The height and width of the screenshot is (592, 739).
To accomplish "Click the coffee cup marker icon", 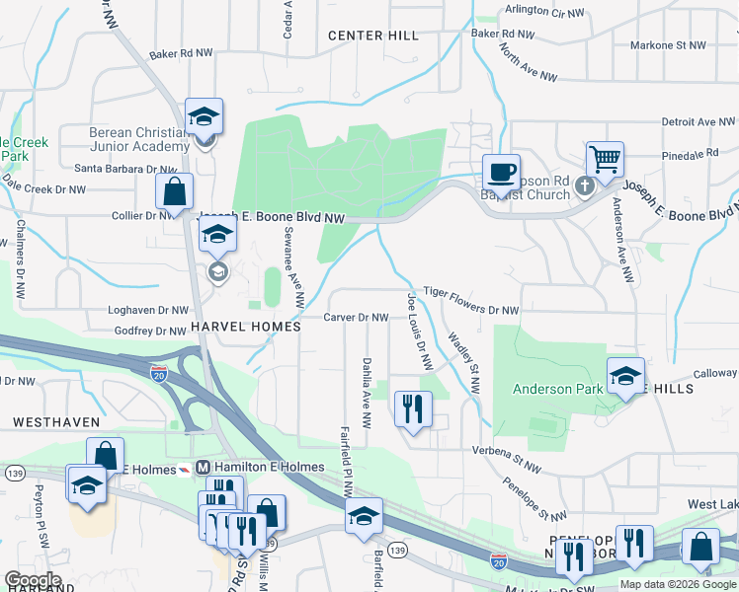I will pyautogui.click(x=501, y=173).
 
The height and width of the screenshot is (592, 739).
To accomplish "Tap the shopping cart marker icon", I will pyautogui.click(x=604, y=158).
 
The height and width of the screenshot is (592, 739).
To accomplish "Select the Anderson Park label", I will pyautogui.click(x=557, y=389).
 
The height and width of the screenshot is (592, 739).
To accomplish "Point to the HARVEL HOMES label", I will pyautogui.click(x=245, y=327).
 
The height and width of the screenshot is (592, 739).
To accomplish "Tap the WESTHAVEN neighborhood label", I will pyautogui.click(x=56, y=421).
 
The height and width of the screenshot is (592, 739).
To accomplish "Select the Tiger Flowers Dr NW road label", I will pyautogui.click(x=470, y=301).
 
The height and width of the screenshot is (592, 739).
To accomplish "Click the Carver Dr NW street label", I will pyautogui.click(x=356, y=318).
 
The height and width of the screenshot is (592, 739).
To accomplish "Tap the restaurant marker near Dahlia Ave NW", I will pyautogui.click(x=413, y=408).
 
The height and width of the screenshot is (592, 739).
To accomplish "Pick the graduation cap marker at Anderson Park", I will pyautogui.click(x=625, y=376).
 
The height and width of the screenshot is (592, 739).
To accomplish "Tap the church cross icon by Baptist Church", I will pyautogui.click(x=585, y=185).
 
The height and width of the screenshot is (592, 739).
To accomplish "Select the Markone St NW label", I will pyautogui.click(x=669, y=45).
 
